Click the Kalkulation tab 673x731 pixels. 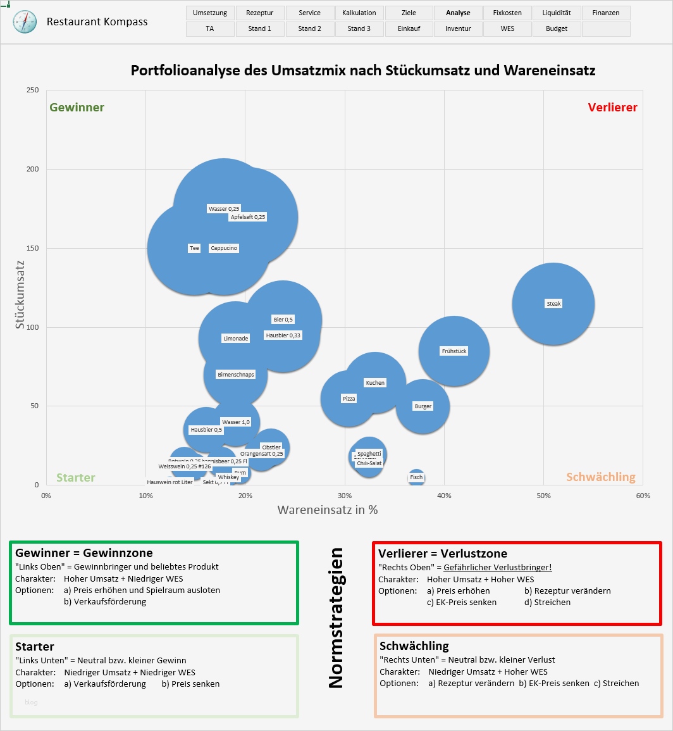359,13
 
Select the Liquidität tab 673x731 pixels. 556,13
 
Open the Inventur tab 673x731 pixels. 458,28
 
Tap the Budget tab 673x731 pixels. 556,28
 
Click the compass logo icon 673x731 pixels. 25,22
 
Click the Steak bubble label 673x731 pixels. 553,304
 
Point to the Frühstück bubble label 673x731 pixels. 454,351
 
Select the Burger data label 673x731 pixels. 423,406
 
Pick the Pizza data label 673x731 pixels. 349,399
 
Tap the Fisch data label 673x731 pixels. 416,477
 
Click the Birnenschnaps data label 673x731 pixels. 235,375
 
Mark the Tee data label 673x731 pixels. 194,248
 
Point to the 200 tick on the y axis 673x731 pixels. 32,169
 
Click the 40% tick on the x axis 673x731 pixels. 444,496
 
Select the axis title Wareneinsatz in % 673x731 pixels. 327,509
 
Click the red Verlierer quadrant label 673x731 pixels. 612,108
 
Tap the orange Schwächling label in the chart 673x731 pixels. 600,477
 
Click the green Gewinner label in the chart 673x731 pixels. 77,108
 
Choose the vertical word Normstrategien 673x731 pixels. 336,618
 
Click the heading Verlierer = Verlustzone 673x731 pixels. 442,554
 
